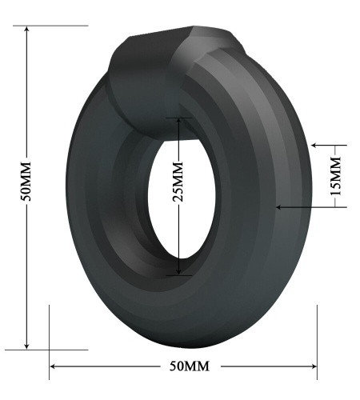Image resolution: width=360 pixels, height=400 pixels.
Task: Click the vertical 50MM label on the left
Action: click(x=26, y=181)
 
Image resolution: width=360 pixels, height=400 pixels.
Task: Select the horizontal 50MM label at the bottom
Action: click(x=190, y=366)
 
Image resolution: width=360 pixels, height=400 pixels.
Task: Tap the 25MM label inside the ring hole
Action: click(x=178, y=182)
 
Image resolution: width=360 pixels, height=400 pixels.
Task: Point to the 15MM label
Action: click(x=336, y=176)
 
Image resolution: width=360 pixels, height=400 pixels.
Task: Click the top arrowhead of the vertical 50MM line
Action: click(x=26, y=29)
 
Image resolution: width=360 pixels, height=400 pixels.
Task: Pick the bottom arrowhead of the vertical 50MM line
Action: click(x=26, y=346)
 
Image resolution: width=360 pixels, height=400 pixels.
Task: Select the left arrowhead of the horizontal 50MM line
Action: click(x=53, y=366)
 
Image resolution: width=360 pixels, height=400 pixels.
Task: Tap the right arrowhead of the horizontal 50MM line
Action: click(x=314, y=366)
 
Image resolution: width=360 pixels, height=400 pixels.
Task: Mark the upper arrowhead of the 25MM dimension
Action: click(x=178, y=122)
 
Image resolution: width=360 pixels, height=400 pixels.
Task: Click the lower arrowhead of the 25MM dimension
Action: click(x=178, y=272)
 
